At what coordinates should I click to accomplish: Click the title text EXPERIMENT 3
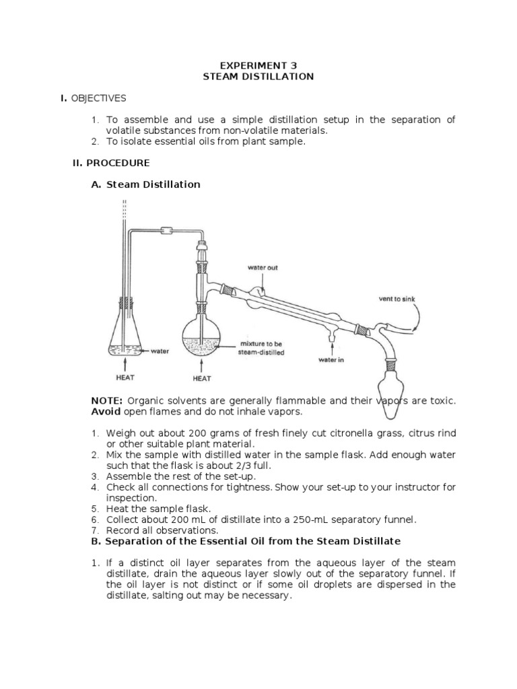[258, 65]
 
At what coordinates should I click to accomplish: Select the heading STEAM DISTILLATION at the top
[258, 77]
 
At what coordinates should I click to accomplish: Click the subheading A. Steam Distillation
[145, 184]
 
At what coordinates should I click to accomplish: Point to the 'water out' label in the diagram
[263, 268]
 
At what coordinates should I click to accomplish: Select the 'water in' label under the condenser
[331, 360]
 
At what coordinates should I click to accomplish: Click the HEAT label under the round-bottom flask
[201, 378]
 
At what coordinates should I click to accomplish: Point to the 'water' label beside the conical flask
[160, 351]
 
